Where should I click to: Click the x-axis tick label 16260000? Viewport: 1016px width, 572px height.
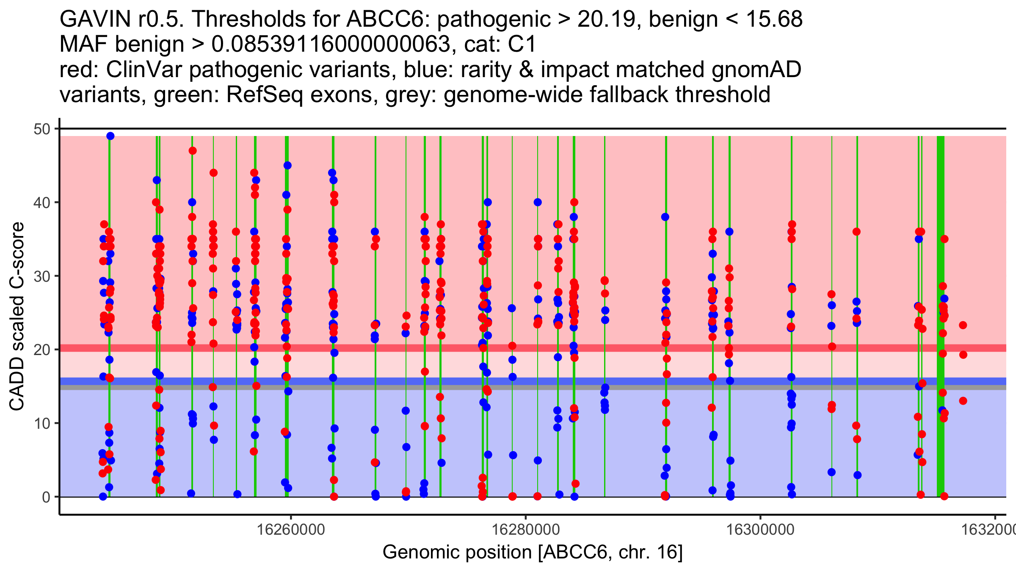pyautogui.click(x=291, y=530)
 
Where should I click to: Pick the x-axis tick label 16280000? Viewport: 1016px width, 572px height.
pyautogui.click(x=526, y=530)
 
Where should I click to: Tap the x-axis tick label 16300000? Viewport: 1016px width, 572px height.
pyautogui.click(x=761, y=530)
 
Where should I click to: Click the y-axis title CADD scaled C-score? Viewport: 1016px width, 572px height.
pyautogui.click(x=17, y=317)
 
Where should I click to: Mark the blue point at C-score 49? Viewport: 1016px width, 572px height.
pyautogui.click(x=110, y=136)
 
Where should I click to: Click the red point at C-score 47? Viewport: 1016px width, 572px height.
pyautogui.click(x=193, y=151)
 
